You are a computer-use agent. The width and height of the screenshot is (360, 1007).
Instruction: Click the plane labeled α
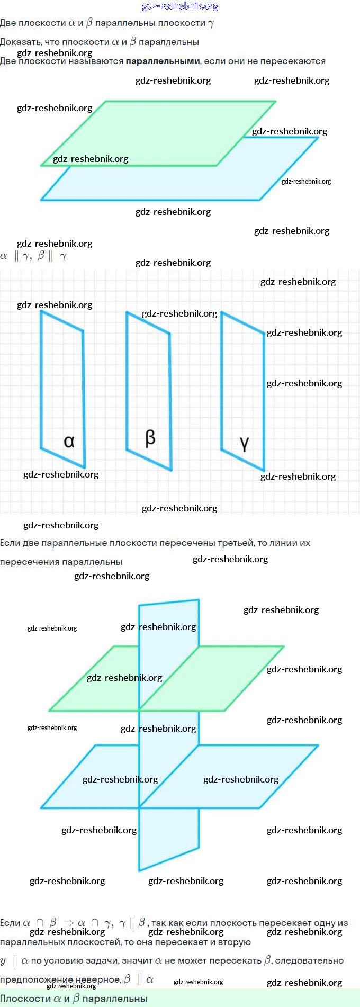[62, 381]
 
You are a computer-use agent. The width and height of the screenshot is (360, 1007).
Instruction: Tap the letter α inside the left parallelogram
[69, 441]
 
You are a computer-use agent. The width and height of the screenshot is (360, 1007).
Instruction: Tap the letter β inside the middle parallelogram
[150, 438]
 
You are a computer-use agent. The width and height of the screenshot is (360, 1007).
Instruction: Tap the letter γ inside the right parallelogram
[244, 443]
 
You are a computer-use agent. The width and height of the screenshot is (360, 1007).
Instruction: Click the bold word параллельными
[163, 61]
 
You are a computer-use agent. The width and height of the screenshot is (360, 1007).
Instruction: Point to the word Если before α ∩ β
[10, 923]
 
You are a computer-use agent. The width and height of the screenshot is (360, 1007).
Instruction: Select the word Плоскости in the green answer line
[25, 999]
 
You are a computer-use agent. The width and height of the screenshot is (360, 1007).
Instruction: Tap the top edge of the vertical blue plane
[169, 603]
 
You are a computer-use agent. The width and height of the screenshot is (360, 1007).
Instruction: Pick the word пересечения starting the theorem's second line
[29, 562]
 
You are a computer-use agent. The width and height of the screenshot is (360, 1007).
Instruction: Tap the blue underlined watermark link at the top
[180, 6]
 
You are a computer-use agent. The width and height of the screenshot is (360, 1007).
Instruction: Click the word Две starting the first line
[8, 23]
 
